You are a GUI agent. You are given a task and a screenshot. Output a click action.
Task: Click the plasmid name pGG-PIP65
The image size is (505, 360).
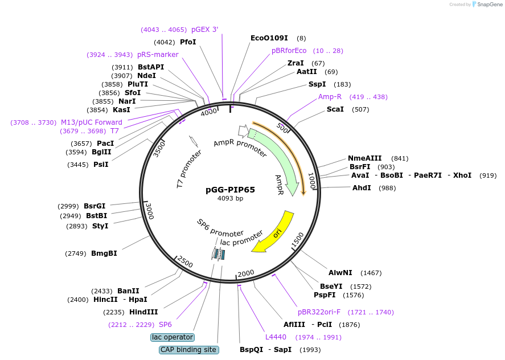click(x=230, y=190)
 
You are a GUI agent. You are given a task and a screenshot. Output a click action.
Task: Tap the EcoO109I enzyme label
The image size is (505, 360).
click(x=269, y=38)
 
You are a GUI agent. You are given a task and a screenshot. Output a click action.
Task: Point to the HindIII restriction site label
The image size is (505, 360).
click(x=143, y=312)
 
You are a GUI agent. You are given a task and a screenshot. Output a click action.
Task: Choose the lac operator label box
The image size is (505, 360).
click(x=173, y=337)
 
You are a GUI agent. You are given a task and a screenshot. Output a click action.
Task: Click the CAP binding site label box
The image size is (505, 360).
click(x=188, y=350)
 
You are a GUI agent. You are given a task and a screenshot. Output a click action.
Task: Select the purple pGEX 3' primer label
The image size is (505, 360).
click(x=204, y=30)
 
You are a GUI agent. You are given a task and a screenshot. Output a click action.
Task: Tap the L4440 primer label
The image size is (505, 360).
click(x=276, y=337)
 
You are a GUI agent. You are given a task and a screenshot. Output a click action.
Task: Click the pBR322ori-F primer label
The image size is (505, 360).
click(x=319, y=312)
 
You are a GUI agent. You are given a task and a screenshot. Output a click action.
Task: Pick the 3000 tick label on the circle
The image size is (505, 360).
click(x=149, y=210)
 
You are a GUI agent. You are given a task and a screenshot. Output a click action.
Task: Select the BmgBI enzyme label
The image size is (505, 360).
click(x=104, y=253)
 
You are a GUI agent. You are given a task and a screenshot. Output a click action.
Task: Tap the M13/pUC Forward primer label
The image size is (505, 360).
click(x=92, y=122)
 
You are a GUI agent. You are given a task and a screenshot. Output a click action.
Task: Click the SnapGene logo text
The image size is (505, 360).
click(x=489, y=5)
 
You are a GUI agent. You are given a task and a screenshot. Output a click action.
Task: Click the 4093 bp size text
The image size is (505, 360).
click(x=230, y=199)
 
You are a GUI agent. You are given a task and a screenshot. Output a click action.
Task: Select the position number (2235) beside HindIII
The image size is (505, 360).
click(x=114, y=312)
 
